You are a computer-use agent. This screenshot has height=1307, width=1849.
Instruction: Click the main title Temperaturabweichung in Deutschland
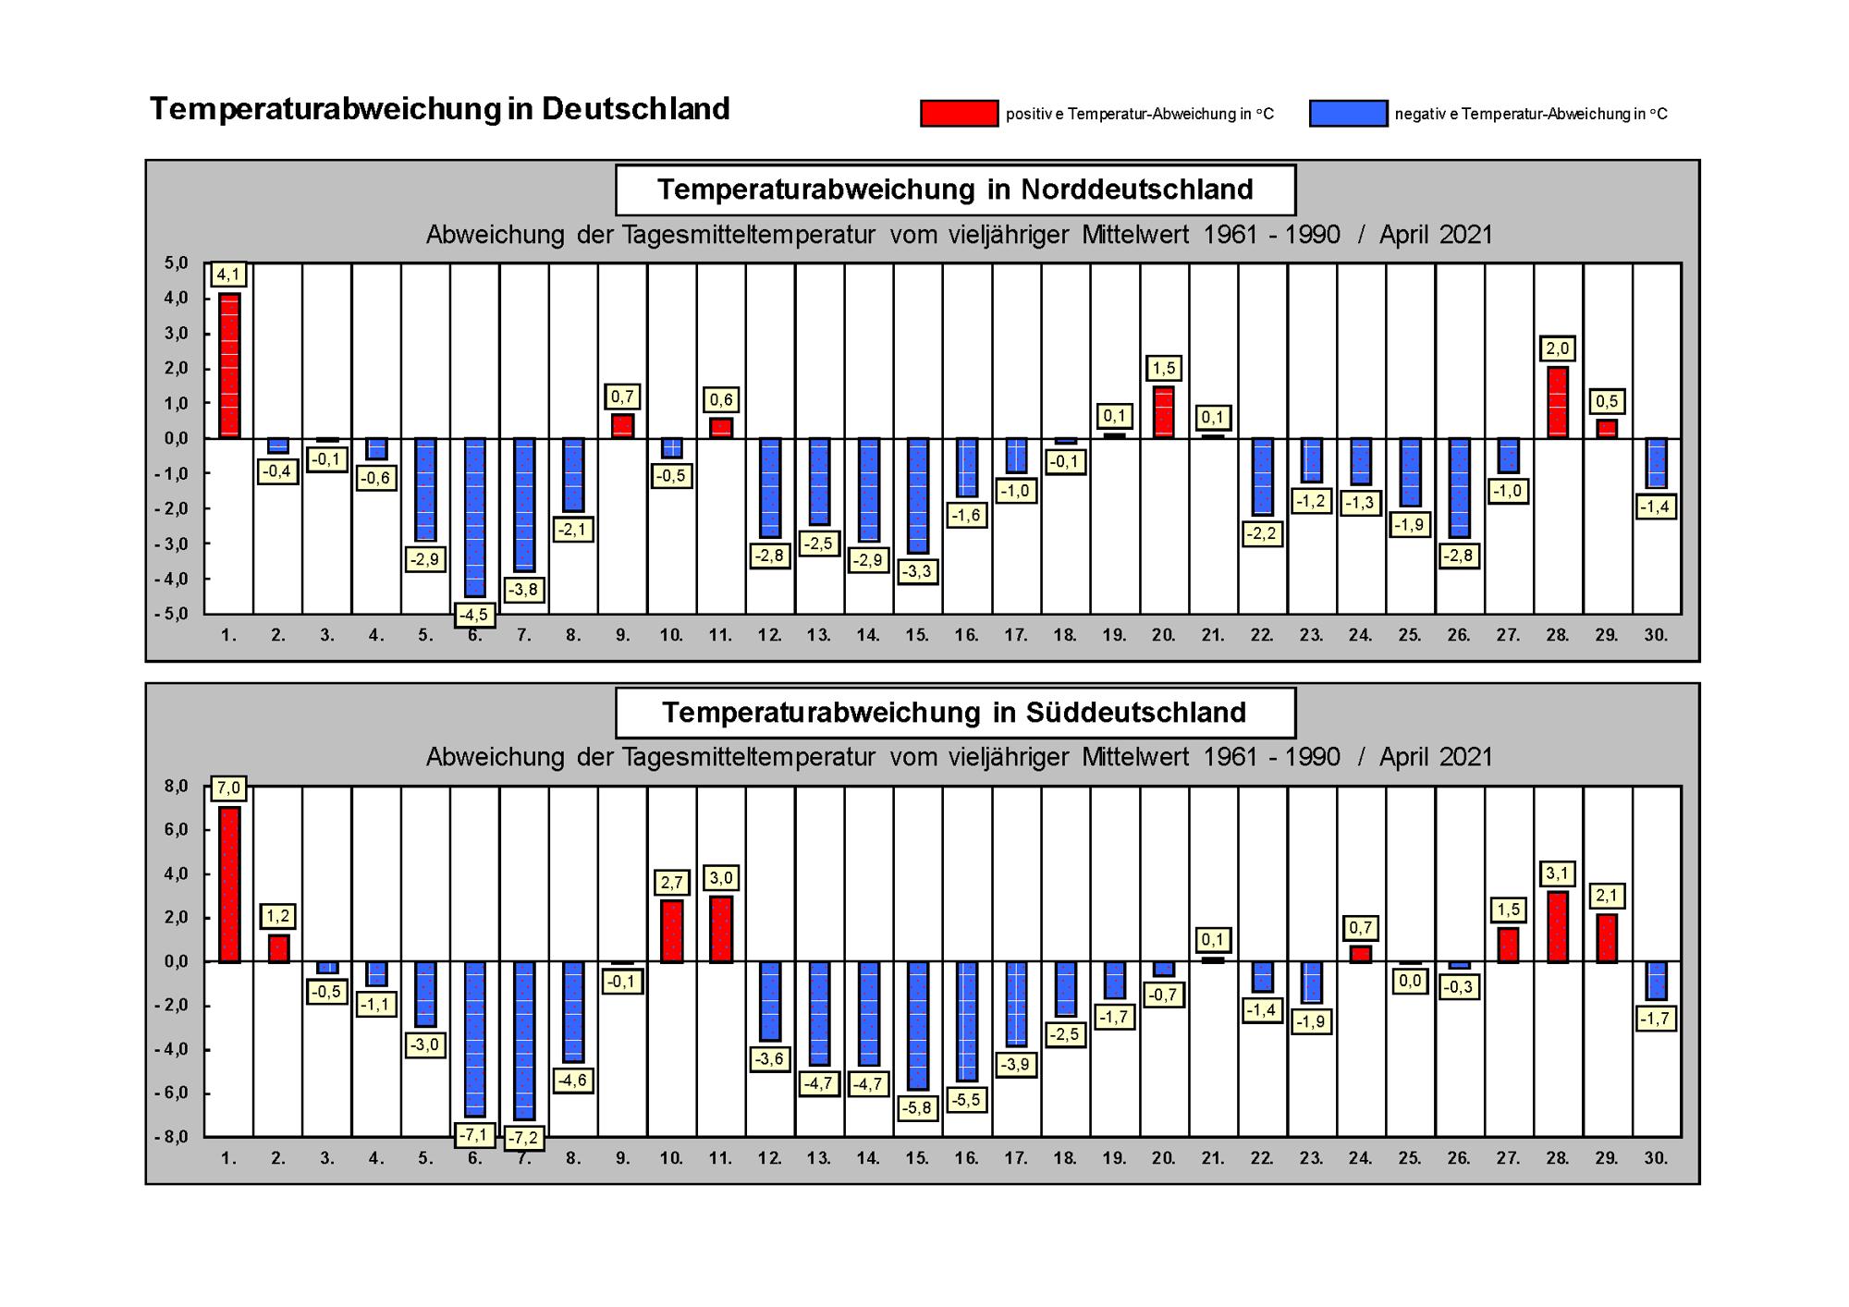[440, 109]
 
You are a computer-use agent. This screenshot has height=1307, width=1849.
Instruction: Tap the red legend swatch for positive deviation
[959, 114]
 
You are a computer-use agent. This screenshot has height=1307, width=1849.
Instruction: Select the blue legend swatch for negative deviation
[1348, 114]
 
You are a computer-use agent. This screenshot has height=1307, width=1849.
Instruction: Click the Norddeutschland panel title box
[955, 189]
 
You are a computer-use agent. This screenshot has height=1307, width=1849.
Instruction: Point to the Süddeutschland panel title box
[955, 713]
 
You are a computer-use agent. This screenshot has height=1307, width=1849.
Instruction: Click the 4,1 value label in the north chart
[228, 275]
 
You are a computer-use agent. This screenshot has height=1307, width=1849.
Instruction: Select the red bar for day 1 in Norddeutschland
[229, 366]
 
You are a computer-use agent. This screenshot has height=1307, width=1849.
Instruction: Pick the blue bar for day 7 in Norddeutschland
[524, 505]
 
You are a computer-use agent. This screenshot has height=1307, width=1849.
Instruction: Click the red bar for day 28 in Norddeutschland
[1558, 403]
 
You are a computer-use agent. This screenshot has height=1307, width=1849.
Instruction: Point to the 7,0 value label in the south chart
[228, 788]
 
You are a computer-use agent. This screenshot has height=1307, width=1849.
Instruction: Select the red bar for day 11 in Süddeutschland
[721, 929]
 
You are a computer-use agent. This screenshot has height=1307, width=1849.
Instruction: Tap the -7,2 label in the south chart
[524, 1138]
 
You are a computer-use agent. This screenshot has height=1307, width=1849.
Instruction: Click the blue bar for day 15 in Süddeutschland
[918, 1026]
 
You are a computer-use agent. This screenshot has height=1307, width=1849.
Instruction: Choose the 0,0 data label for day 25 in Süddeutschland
[1410, 981]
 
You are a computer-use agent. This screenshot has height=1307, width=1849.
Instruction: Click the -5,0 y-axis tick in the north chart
[171, 615]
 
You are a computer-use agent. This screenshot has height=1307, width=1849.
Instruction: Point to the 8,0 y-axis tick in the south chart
[177, 787]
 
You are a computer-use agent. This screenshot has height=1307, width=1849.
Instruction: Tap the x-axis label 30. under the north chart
[1656, 636]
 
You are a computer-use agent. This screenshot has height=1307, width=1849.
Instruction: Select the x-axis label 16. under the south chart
[967, 1158]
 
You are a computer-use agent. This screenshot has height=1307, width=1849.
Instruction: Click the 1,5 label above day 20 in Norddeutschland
[1164, 368]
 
